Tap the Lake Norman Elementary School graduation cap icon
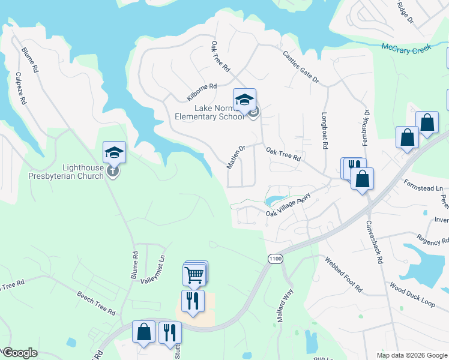[244, 100]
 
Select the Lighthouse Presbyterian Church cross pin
[113, 172]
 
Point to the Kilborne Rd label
[201, 93]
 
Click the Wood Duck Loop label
[412, 295]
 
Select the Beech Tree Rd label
[96, 303]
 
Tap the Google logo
[19, 353]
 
